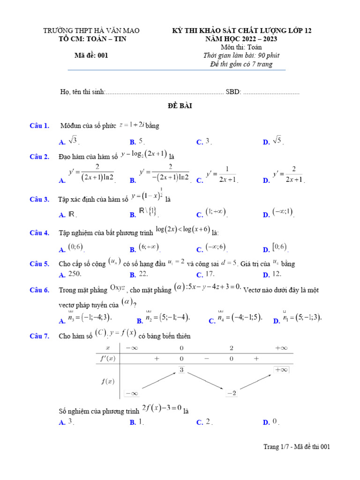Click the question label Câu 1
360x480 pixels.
[x=39, y=126]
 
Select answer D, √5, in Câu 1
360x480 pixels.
[x=277, y=140]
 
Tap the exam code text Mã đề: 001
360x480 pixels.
[x=91, y=55]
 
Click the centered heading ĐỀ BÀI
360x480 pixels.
[x=180, y=106]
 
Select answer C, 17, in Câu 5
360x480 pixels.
[x=209, y=274]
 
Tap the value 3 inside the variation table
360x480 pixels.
[x=181, y=370]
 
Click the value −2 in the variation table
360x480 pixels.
[x=231, y=393]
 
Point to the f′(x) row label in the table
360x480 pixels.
[x=108, y=359]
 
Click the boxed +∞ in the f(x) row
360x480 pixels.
[x=281, y=370]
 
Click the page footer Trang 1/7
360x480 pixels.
[x=297, y=447]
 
